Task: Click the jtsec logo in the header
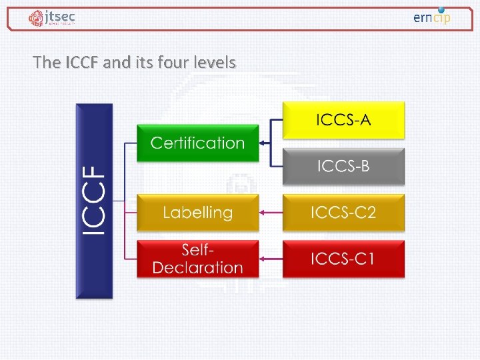point(51,18)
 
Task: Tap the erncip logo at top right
point(432,17)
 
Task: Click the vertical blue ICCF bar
point(95,201)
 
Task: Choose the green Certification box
point(197,143)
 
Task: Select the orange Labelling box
point(197,213)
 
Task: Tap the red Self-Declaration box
point(197,259)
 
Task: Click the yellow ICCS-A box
point(343,120)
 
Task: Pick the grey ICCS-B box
point(343,166)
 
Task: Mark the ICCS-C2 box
point(343,213)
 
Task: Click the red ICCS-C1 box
point(343,259)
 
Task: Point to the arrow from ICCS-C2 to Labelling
point(271,213)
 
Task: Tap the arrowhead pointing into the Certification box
point(262,143)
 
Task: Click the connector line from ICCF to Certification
point(130,143)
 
